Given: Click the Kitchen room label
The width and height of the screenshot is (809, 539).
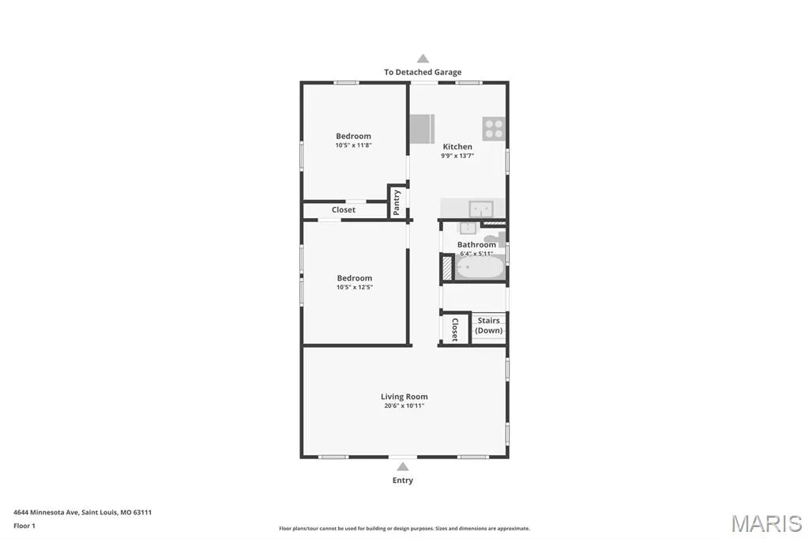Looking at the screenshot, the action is click(457, 147).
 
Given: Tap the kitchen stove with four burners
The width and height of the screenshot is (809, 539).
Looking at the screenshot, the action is click(494, 129).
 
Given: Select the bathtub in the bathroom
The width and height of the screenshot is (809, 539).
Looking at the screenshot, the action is click(480, 268).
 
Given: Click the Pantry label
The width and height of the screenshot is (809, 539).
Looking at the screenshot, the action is click(397, 202).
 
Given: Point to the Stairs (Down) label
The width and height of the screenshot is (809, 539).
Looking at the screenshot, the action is click(488, 326).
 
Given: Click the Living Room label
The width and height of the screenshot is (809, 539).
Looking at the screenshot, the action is click(404, 397).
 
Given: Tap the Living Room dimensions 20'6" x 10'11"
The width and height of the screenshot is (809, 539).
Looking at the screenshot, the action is click(404, 405).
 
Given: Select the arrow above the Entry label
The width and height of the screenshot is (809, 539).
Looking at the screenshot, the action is click(403, 467).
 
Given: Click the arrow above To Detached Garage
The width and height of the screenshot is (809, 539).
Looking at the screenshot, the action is click(423, 58).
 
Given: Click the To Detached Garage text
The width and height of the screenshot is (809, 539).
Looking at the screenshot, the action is click(423, 72).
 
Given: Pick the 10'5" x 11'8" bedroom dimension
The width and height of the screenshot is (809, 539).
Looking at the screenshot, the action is click(353, 145).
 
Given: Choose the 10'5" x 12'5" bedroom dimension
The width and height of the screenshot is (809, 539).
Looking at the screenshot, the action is click(355, 287).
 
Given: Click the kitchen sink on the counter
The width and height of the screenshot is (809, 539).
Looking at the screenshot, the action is click(481, 209).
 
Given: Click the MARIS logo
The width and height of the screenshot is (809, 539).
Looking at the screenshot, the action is click(766, 523).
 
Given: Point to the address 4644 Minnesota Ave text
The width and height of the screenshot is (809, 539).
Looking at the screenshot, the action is click(46, 512).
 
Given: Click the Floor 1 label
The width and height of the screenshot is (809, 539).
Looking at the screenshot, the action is click(24, 526).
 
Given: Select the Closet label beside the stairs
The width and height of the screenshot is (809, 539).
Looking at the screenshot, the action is click(454, 330).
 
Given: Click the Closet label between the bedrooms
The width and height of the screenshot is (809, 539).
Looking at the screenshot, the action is click(344, 209).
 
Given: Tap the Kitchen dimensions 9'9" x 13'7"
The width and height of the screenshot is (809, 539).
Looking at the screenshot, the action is click(457, 156).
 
